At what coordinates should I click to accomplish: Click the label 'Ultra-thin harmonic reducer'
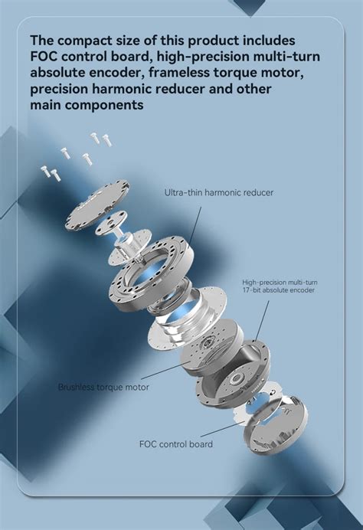[219, 193]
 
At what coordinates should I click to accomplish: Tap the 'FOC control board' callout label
[176, 443]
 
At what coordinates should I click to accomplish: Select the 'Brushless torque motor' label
[103, 387]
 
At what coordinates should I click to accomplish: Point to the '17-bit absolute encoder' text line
[278, 290]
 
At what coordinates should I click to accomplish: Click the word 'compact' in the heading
[84, 41]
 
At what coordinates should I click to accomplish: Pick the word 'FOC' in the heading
[43, 57]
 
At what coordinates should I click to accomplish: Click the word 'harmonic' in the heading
[123, 89]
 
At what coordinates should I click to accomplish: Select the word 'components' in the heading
[103, 106]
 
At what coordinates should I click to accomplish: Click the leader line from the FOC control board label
[223, 429]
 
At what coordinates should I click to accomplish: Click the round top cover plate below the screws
[97, 205]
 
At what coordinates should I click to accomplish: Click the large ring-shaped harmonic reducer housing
[152, 273]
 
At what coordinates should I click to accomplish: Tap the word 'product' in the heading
[214, 41]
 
